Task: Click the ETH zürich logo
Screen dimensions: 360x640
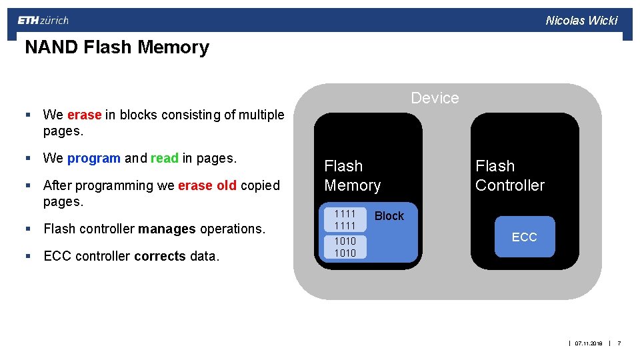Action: [x=43, y=21]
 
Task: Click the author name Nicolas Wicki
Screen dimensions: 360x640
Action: [x=581, y=21]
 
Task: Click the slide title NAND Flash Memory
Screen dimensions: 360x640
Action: [x=117, y=47]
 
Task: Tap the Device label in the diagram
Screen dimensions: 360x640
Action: [x=435, y=98]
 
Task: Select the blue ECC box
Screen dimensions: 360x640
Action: [x=524, y=237]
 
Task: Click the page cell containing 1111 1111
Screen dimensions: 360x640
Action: [x=345, y=219]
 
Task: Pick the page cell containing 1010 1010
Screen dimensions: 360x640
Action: [x=345, y=247]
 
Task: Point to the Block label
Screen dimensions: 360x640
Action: [x=389, y=216]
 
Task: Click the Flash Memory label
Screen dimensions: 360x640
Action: [x=352, y=175]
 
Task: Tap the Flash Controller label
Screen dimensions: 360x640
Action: [x=509, y=175]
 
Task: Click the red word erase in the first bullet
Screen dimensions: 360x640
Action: [x=84, y=115]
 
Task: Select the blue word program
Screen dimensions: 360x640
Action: [x=94, y=159]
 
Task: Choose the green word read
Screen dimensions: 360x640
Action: [x=165, y=159]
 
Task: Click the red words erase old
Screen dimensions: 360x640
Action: [x=207, y=185]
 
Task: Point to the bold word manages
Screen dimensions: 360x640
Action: [x=167, y=229]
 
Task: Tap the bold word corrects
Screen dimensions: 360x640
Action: [x=160, y=256]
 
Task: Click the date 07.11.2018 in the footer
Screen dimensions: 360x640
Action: [x=588, y=343]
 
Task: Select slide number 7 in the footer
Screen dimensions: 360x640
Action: [x=619, y=343]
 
